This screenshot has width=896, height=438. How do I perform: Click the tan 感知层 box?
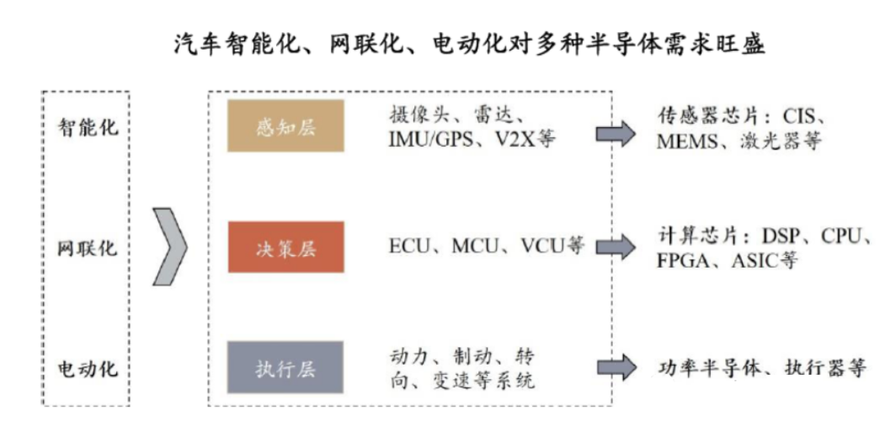coord(285,126)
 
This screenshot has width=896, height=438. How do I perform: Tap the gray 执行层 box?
coord(285,367)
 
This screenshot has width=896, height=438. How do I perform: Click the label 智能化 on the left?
coord(88,128)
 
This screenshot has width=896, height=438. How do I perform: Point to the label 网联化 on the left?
coord(88,248)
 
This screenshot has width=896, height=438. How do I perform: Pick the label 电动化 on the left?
coord(88,368)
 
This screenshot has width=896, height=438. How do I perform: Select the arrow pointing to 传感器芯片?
coord(616,135)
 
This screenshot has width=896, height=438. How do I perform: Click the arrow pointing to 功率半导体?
coord(616,367)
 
